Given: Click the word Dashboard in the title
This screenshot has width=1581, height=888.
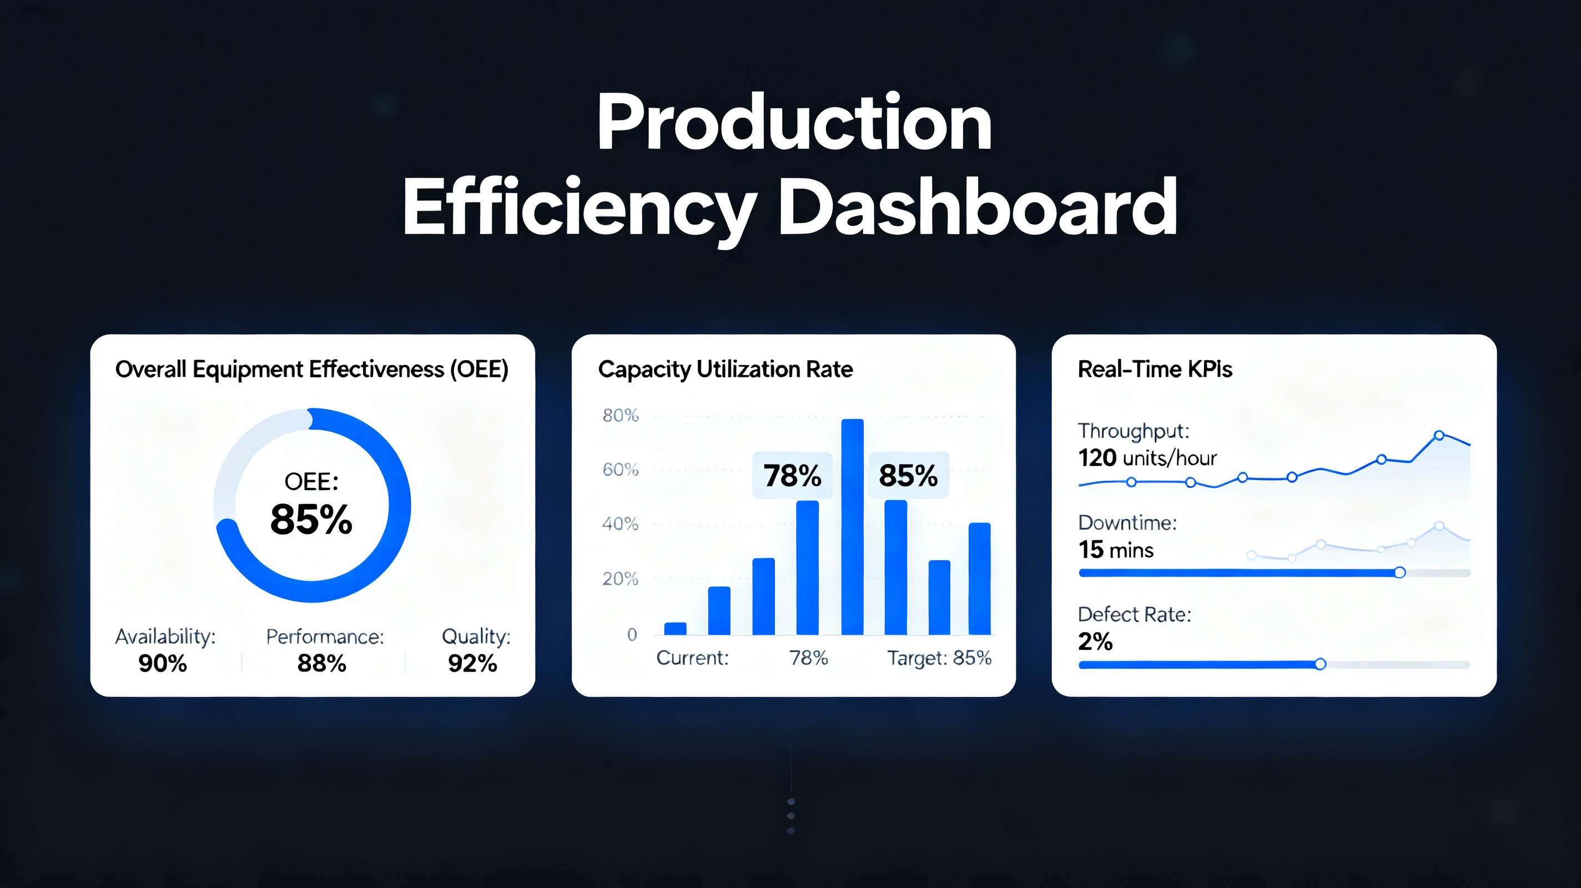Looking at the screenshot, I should (978, 207).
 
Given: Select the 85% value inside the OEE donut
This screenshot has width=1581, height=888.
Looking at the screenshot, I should (311, 519).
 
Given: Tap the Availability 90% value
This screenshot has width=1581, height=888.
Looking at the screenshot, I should (163, 663).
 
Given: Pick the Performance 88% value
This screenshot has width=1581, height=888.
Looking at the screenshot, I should (321, 663).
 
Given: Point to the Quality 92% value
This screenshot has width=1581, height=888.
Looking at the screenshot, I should (472, 663).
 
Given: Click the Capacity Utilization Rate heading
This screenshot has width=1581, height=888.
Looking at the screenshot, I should (726, 370).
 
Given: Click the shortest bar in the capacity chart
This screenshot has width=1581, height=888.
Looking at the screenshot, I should (675, 628).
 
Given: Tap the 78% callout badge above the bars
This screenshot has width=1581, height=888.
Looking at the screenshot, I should (792, 476).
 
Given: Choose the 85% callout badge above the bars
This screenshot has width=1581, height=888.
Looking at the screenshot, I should (908, 476).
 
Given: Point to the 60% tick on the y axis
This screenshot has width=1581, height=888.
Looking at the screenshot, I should (621, 470).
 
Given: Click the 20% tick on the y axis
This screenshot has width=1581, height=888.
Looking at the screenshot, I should (621, 579).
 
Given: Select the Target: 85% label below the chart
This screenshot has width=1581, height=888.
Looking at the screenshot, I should (939, 658).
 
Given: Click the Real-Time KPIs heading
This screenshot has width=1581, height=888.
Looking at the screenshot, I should (1155, 370).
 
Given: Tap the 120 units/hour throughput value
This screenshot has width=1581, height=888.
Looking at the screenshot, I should (1147, 458).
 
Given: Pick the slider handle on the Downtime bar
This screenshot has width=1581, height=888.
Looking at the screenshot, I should (1400, 573).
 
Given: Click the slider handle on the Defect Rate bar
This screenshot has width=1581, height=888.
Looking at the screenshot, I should (1320, 664).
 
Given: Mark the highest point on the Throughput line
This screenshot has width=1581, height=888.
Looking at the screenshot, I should (1439, 435).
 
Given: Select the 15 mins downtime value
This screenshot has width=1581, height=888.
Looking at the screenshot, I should (1116, 550).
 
